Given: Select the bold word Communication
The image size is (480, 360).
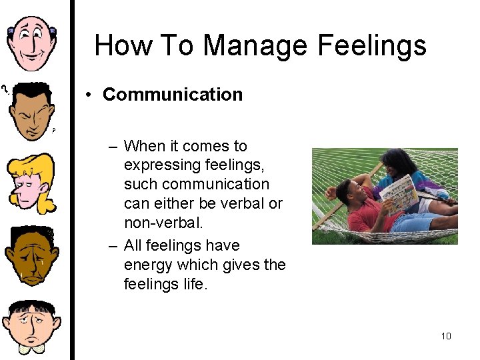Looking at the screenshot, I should coord(173,95).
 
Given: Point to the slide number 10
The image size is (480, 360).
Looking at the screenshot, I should coord(446,336).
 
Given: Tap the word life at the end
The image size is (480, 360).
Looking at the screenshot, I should coord(196,284).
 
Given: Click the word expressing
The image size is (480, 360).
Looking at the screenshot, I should coord(158,165).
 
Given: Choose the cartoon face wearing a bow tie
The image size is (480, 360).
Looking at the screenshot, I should coord(31,327).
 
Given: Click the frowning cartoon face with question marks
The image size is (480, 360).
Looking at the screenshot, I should coord(31,109).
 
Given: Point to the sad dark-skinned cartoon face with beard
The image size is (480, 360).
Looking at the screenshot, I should coord(31,256).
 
